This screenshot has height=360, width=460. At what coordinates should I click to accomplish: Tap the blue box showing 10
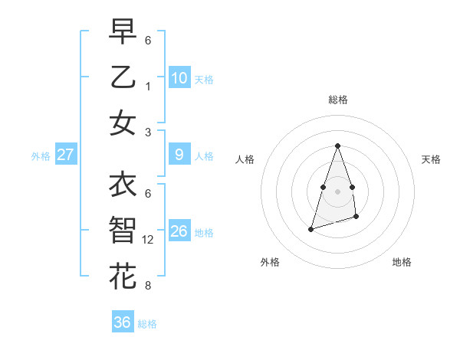point(179,77)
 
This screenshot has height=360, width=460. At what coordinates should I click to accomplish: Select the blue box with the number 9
point(179,155)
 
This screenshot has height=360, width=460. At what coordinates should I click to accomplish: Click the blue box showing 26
point(179,231)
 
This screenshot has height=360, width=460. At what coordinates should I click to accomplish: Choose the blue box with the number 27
point(66,155)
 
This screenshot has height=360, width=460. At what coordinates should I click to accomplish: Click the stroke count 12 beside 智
point(150,240)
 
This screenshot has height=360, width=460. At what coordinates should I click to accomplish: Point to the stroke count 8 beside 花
point(148,286)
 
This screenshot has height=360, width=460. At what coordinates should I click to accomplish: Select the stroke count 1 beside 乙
point(148,87)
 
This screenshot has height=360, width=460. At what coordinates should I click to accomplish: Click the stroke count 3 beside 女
point(148,133)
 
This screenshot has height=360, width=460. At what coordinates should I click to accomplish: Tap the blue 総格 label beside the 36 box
point(147,324)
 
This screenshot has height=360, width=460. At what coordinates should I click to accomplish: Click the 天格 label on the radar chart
point(431,159)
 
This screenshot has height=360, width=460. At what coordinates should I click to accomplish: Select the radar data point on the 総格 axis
point(337,146)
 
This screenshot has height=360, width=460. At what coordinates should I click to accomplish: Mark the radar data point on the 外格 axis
point(310,229)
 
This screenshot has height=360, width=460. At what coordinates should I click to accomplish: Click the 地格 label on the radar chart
point(402,262)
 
